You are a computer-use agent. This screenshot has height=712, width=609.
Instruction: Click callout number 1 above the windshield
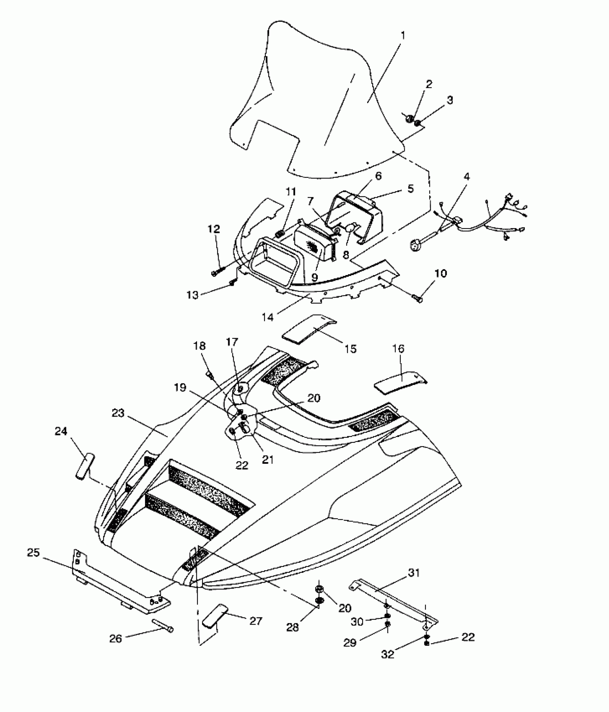click(x=403, y=36)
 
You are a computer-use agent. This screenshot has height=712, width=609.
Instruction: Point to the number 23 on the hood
click(x=118, y=414)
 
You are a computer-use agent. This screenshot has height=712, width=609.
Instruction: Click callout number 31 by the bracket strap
click(x=414, y=573)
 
